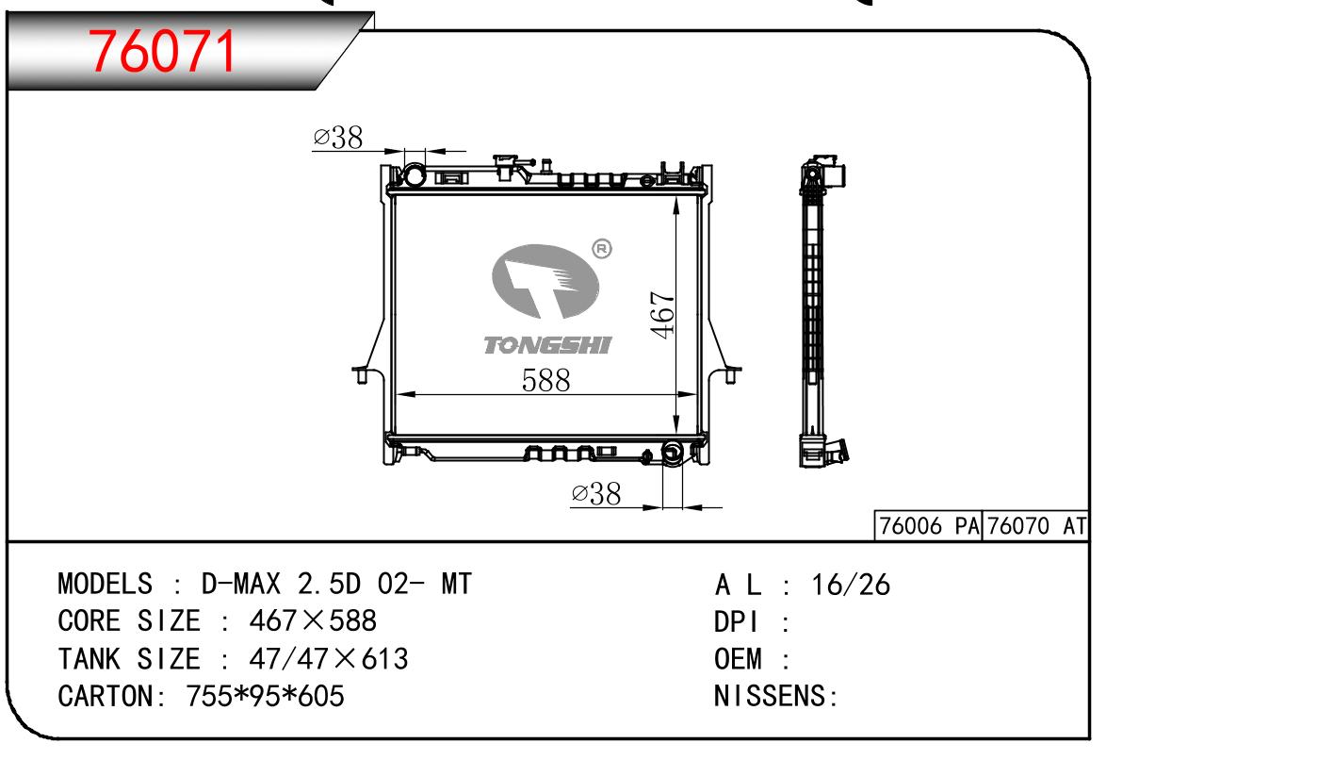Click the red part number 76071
(162, 51)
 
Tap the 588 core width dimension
(545, 380)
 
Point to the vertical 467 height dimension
(662, 314)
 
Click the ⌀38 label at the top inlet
(337, 138)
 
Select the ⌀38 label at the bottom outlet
(595, 493)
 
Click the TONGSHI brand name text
(547, 345)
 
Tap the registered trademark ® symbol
(601, 249)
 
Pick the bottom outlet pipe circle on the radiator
(672, 453)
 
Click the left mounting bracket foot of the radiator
(362, 375)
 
